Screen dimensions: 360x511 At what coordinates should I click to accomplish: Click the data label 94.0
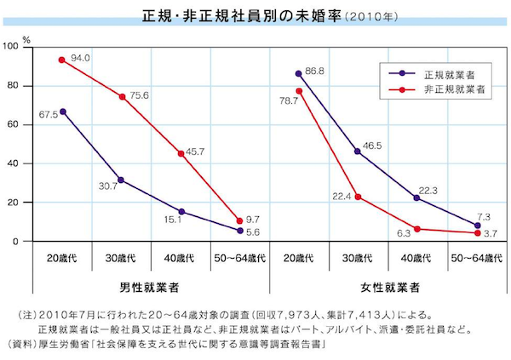80,58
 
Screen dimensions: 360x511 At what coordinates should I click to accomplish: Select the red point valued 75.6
122,97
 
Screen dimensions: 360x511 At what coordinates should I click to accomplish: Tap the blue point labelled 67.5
62,111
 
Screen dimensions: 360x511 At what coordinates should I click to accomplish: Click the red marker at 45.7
181,154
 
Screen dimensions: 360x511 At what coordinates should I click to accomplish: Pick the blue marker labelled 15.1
181,212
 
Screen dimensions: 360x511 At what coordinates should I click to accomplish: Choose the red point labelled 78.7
298,91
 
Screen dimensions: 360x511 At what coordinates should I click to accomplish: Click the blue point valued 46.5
358,151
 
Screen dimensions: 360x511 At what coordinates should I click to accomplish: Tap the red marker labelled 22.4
358,197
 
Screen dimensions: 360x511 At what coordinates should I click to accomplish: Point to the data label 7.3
484,217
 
